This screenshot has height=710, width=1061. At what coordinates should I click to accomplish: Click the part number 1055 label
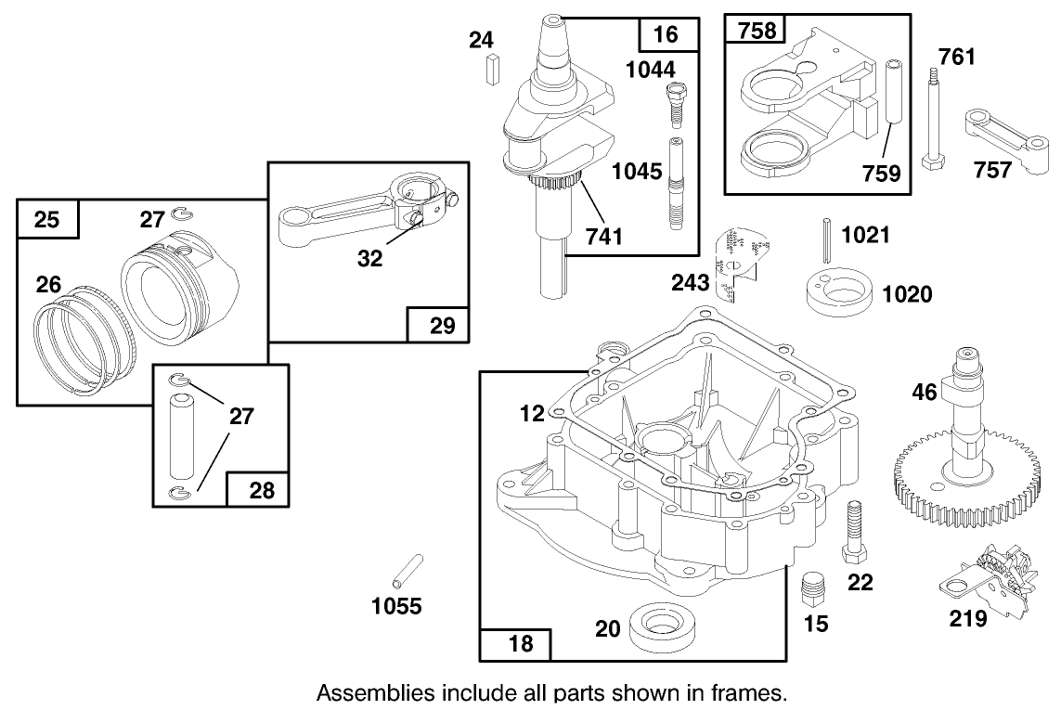pyautogui.click(x=396, y=607)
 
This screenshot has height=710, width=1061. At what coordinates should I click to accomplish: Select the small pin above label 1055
pyautogui.click(x=408, y=570)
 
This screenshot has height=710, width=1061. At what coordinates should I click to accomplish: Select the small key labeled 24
pyautogui.click(x=493, y=69)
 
